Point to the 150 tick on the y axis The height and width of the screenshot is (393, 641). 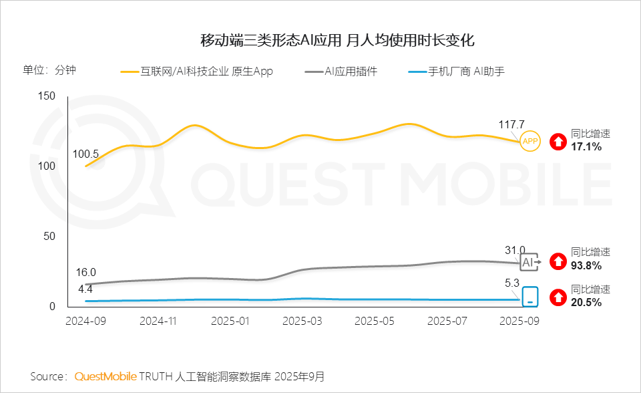point(46,96)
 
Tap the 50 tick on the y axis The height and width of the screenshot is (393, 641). point(49,237)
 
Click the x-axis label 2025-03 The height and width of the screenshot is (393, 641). point(302,321)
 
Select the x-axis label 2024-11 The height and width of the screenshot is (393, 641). point(158,321)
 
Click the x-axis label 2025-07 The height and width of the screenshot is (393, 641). point(445,321)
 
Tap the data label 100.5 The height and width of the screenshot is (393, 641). point(85,154)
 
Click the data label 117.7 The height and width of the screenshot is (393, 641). point(511,124)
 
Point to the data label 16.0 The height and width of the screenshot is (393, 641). point(85,272)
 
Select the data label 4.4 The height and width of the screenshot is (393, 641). point(85,289)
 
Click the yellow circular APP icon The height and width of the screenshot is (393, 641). point(530,141)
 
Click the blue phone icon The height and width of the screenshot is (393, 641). point(530,296)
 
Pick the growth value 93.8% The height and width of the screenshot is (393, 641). point(586,265)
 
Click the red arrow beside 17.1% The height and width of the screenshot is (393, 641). point(558,141)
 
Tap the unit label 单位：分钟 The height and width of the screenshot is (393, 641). point(49,70)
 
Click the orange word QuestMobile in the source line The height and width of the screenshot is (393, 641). point(105,376)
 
